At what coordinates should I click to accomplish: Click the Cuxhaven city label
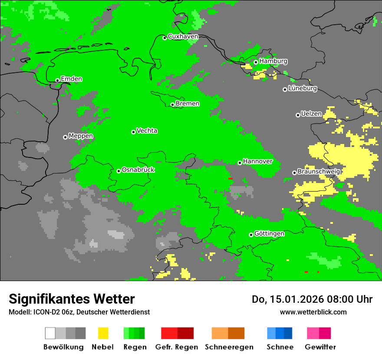click(x=183, y=36)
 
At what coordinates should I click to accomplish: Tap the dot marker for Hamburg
click(x=256, y=62)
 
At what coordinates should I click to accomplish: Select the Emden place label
click(x=71, y=79)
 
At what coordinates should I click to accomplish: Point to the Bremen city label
click(x=187, y=104)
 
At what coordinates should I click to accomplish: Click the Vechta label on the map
click(x=147, y=131)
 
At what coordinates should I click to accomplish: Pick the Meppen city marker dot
click(x=65, y=137)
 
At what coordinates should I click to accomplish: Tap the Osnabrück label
click(x=138, y=170)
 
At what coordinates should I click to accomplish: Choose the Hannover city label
click(x=257, y=161)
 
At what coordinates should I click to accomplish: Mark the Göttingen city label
click(x=269, y=233)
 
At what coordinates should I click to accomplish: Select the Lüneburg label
click(x=303, y=88)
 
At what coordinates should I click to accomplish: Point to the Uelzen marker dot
click(x=298, y=115)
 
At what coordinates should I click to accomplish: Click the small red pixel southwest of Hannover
click(x=230, y=179)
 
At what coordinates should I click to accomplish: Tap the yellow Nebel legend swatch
click(x=103, y=333)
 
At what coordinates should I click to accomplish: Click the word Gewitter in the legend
click(x=320, y=347)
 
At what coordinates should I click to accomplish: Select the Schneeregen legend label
click(x=229, y=347)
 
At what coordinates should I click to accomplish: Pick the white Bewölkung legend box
click(x=50, y=333)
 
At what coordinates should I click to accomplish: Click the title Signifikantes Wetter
click(x=72, y=299)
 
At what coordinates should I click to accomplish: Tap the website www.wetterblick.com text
click(x=313, y=312)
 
